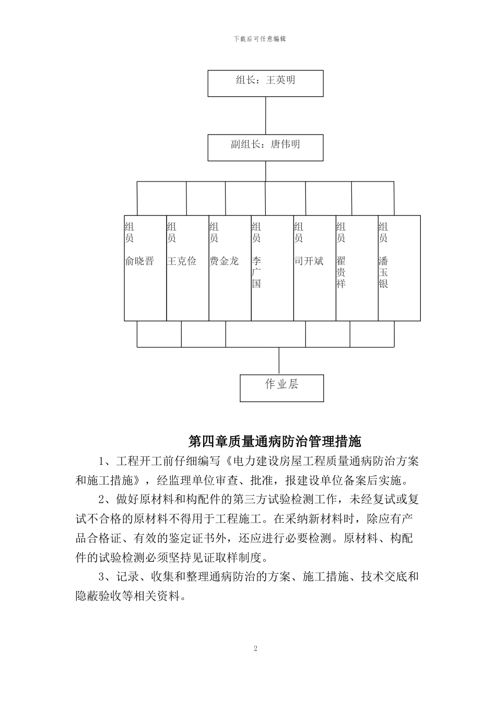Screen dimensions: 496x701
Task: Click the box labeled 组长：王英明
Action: tap(265, 83)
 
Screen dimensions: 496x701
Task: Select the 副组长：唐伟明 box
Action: tap(265, 147)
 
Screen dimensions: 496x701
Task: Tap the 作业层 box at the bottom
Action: tap(281, 388)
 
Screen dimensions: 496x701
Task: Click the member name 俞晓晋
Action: tap(139, 261)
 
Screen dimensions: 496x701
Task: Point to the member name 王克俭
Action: tap(182, 261)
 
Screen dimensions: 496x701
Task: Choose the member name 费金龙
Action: tap(224, 261)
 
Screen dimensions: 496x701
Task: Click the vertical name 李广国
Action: tap(256, 272)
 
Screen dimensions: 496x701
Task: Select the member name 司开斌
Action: tap(309, 261)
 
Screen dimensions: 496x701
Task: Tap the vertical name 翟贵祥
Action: tap(341, 272)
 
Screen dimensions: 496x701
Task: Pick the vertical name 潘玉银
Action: tap(383, 272)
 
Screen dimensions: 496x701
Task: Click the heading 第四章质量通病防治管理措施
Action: tap(275, 442)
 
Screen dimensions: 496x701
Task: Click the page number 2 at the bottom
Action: tap(255, 649)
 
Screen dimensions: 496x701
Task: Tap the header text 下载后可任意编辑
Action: tap(259, 39)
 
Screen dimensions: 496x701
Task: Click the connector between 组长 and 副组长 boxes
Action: tap(266, 116)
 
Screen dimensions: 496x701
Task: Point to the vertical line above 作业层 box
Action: tap(279, 361)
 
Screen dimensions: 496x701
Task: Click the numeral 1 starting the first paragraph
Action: tap(102, 462)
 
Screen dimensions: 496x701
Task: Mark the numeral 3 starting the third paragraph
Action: tap(102, 577)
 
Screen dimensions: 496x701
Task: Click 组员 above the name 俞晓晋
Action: tap(129, 233)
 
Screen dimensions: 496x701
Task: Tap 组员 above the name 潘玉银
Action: tap(383, 233)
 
